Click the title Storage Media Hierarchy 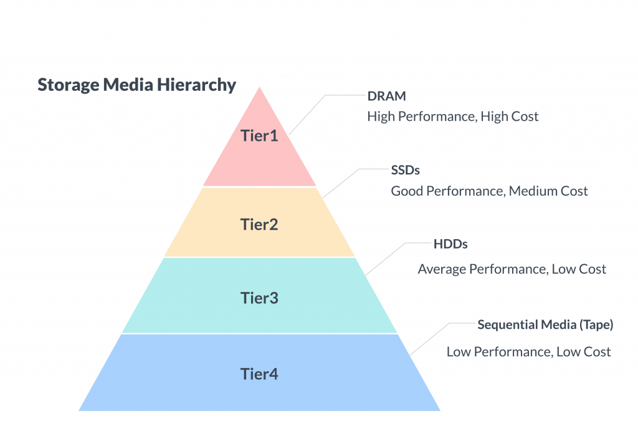[x=136, y=85]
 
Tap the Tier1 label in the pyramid [x=259, y=136]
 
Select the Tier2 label [x=259, y=225]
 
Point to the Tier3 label [x=259, y=298]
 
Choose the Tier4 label [x=259, y=374]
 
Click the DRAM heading [x=386, y=96]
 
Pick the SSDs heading [x=405, y=170]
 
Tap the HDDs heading [x=450, y=244]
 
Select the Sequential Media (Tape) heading [x=545, y=324]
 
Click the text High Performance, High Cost [x=453, y=116]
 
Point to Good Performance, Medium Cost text [x=490, y=191]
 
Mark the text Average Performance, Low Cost [x=512, y=269]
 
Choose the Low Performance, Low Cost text [x=528, y=351]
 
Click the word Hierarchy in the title [x=196, y=85]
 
